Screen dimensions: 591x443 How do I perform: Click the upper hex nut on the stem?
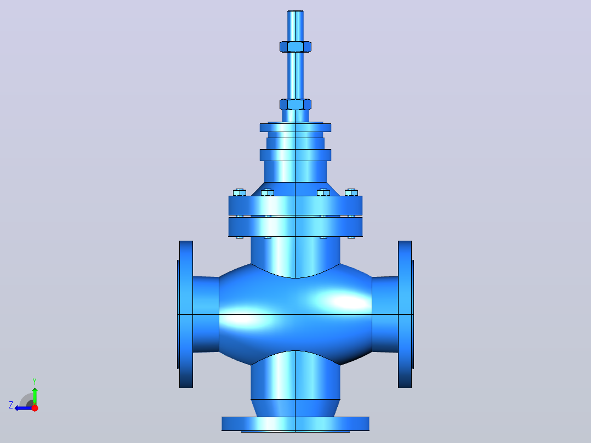(x=295, y=47)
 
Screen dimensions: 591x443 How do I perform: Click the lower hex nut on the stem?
(x=295, y=104)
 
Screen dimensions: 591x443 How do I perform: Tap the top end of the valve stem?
(x=295, y=12)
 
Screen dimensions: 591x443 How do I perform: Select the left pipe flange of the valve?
(x=185, y=314)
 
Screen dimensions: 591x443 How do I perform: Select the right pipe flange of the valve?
(x=406, y=314)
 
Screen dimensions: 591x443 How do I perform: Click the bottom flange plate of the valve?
(x=295, y=424)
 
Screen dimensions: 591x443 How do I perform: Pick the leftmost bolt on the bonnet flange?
(x=240, y=192)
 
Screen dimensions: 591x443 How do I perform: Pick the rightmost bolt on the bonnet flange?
(x=351, y=192)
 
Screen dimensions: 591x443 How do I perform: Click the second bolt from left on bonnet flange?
(x=267, y=192)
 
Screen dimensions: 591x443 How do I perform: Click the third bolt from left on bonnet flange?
(x=323, y=192)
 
